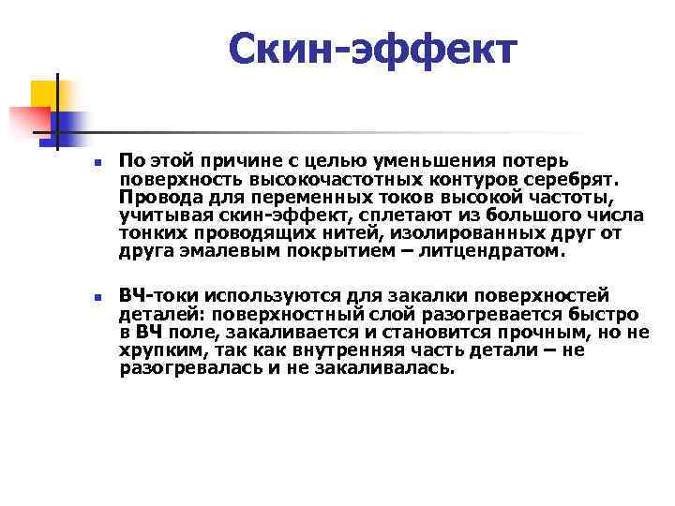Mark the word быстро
coord(607,314)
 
